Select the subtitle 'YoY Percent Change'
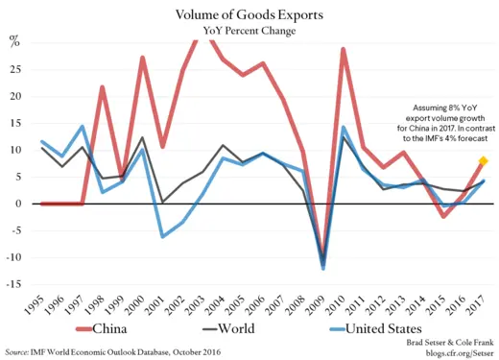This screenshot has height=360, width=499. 249,31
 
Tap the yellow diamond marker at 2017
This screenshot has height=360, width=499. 483,161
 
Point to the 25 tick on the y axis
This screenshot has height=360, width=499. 14,70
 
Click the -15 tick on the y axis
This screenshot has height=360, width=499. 12,284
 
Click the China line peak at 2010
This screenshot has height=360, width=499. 343,49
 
